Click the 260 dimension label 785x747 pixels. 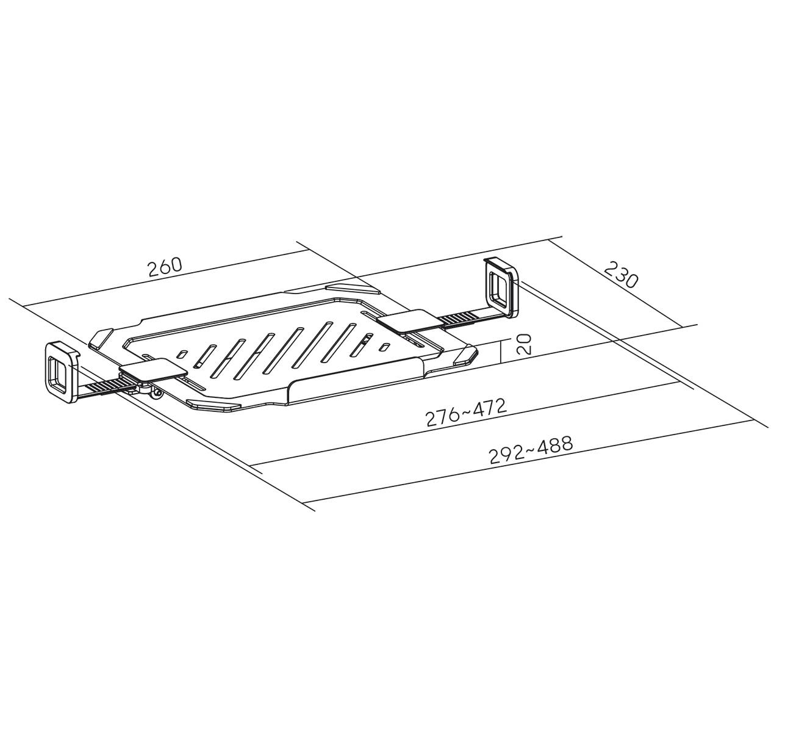click(165, 267)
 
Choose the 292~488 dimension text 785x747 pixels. click(531, 450)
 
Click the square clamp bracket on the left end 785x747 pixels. click(61, 370)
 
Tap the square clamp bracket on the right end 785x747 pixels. click(501, 286)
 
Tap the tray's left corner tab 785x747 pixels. click(101, 337)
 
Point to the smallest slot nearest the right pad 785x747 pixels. click(385, 347)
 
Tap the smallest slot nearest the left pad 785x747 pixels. click(182, 353)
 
